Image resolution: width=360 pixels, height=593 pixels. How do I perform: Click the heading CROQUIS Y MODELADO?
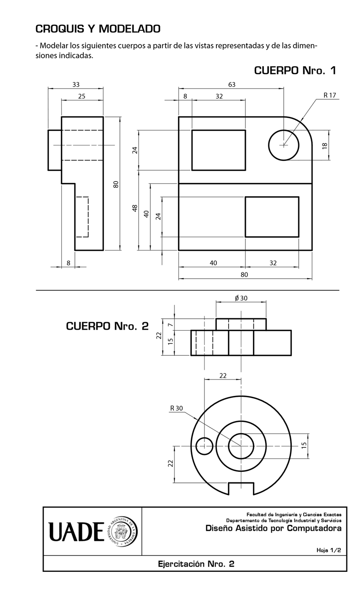(x=98, y=29)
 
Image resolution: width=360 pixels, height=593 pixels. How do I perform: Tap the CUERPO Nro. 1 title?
(x=295, y=71)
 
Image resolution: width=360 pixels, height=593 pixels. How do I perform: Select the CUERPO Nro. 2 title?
(x=107, y=326)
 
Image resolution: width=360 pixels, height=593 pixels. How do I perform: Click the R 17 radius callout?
(x=330, y=95)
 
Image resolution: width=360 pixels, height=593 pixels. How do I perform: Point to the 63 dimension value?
(x=231, y=85)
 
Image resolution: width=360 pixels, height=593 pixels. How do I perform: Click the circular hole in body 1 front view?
(x=284, y=145)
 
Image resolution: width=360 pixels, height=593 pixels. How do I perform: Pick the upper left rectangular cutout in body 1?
(x=219, y=150)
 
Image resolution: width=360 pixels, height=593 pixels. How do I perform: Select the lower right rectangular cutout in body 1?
(x=272, y=217)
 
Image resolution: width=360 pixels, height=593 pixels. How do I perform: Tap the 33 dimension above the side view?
(x=76, y=85)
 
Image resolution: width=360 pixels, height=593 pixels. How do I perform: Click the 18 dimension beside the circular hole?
(x=325, y=145)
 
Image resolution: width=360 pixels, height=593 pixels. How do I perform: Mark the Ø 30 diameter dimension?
(x=241, y=298)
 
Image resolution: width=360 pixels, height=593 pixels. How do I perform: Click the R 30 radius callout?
(x=176, y=408)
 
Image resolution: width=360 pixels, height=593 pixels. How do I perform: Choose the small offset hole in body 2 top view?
(x=204, y=446)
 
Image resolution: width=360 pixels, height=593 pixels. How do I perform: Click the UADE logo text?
(x=76, y=531)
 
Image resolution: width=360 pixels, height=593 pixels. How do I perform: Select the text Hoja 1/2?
(x=328, y=550)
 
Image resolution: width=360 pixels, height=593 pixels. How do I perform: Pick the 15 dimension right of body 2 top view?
(x=304, y=446)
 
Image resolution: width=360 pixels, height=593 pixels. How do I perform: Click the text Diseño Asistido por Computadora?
(x=273, y=528)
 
